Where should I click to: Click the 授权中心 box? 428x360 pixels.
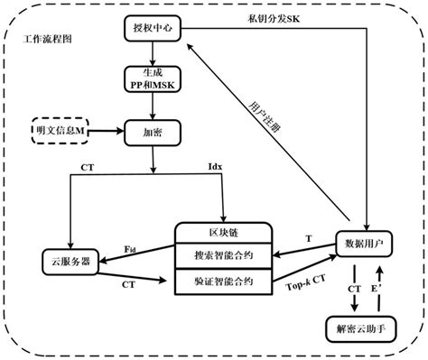pyautogui.click(x=154, y=28)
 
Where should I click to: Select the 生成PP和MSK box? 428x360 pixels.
pyautogui.click(x=154, y=78)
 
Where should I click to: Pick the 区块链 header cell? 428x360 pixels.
pyautogui.click(x=222, y=234)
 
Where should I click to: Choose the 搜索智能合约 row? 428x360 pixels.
pyautogui.click(x=222, y=256)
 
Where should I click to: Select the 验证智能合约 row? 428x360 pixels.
pyautogui.click(x=222, y=281)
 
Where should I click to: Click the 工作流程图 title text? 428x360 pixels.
pyautogui.click(x=49, y=42)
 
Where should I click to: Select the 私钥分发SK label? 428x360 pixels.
pyautogui.click(x=273, y=17)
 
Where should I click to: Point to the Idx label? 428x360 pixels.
pyautogui.click(x=214, y=168)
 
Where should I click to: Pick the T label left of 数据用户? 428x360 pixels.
pyautogui.click(x=309, y=237)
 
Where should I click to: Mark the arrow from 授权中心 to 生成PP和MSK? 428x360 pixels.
pyautogui.click(x=154, y=52)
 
